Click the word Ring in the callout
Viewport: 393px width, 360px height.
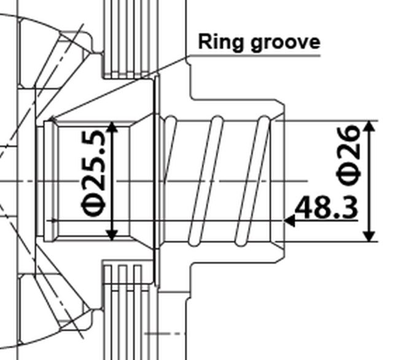click(x=220, y=42)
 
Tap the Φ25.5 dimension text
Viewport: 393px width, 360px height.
click(x=93, y=174)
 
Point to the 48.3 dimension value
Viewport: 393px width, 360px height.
click(x=326, y=207)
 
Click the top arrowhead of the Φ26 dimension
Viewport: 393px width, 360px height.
click(x=370, y=126)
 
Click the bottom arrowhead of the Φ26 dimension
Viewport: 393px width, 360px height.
click(x=370, y=237)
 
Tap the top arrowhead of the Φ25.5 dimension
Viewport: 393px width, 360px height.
click(x=112, y=127)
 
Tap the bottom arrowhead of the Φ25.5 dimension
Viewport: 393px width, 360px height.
click(x=112, y=236)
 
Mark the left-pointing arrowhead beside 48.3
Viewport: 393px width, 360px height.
click(x=289, y=221)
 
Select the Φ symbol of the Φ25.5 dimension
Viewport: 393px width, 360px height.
click(x=93, y=205)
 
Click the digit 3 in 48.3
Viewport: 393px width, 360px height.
click(x=349, y=207)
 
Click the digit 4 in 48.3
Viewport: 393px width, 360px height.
click(x=304, y=207)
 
